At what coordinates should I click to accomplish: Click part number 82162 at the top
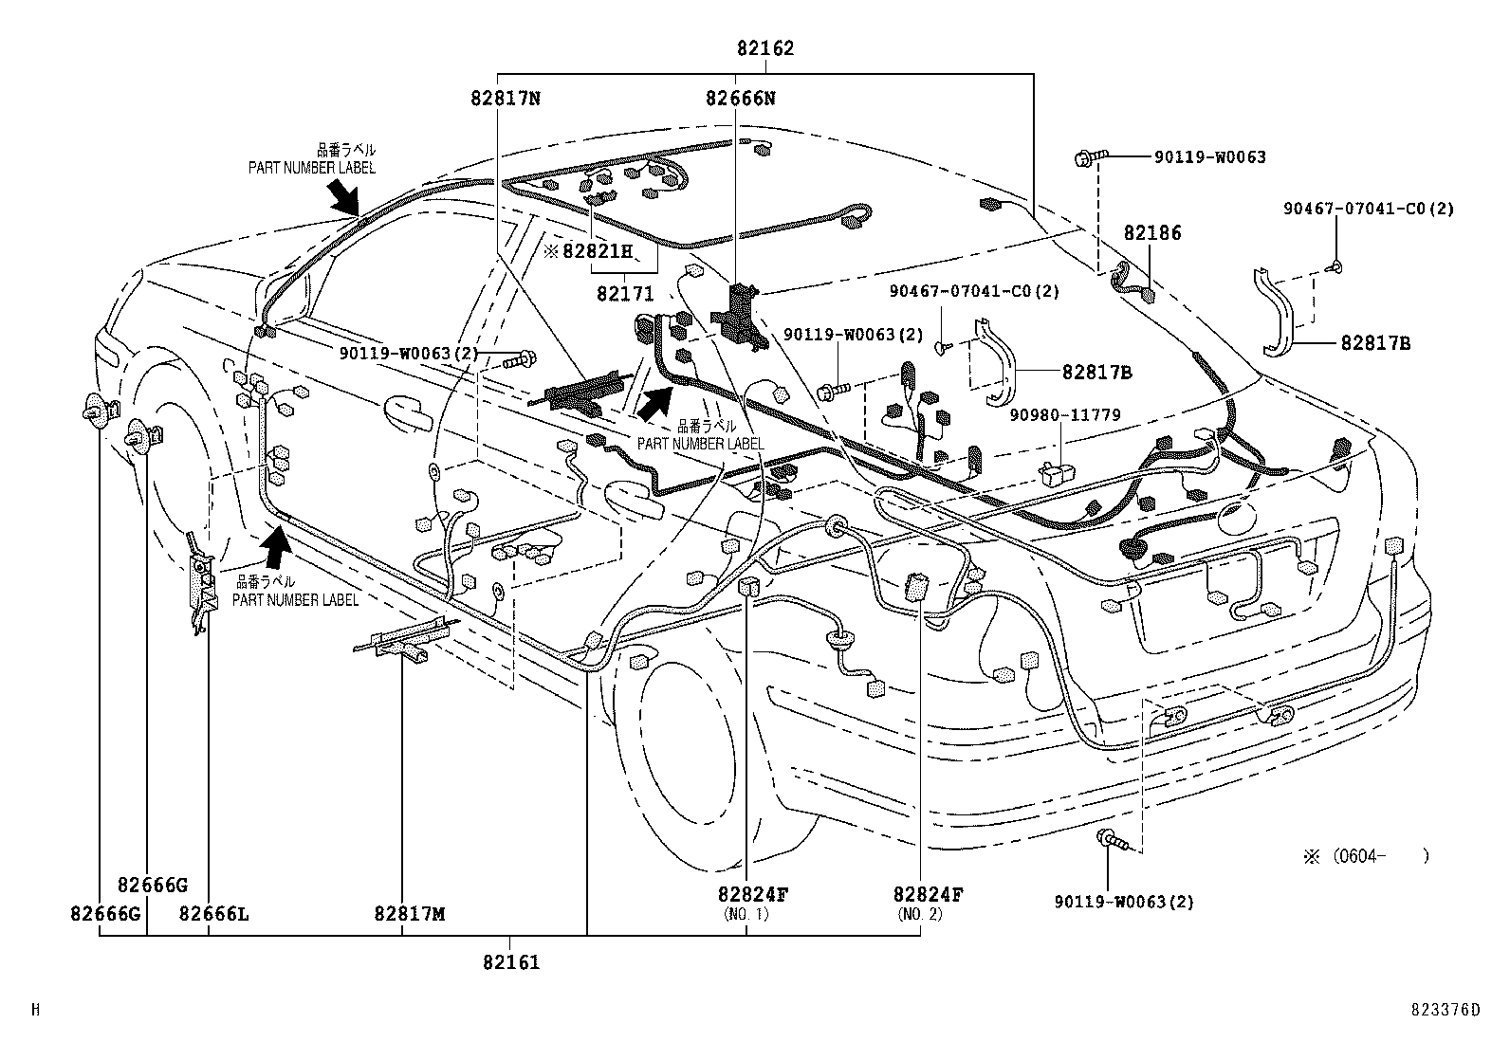pyautogui.click(x=764, y=48)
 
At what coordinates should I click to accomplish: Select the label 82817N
pyautogui.click(x=505, y=97)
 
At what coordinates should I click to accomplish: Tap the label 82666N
pyautogui.click(x=740, y=97)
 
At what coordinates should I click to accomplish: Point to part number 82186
pyautogui.click(x=1152, y=232)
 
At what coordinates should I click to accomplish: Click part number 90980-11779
pyautogui.click(x=1064, y=414)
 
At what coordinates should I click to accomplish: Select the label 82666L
pyautogui.click(x=213, y=914)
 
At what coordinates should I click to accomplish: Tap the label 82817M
pyautogui.click(x=409, y=914)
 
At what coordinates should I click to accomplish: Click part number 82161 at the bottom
pyautogui.click(x=510, y=962)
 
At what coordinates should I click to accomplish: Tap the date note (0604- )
pyautogui.click(x=1366, y=856)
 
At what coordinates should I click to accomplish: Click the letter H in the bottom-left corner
pyautogui.click(x=35, y=1010)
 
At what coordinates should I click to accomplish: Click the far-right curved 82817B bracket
pyautogui.click(x=1280, y=313)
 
